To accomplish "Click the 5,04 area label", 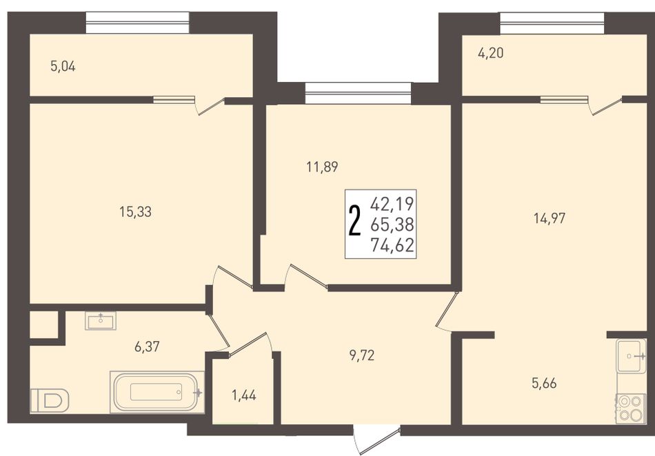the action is point(63,66).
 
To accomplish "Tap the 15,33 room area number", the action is point(136,212).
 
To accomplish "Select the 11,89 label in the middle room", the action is point(322,167).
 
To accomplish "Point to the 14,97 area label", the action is point(550,218).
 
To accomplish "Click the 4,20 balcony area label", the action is point(490,54).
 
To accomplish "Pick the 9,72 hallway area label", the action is point(362,355).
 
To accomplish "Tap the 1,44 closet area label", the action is point(244,395).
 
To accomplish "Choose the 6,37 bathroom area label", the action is point(147,346).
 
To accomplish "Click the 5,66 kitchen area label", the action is point(544,383).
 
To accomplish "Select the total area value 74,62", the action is point(392,245).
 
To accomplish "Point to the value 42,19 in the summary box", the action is point(392,204).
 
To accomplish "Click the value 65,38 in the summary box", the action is point(392,225).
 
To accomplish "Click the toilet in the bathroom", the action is point(50,401).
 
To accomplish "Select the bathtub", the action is point(157,392).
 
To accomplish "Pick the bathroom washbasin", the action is point(101,320).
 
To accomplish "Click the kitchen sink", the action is point(631,356).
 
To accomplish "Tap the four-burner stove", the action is point(631,408).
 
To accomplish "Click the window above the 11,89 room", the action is point(358,93).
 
